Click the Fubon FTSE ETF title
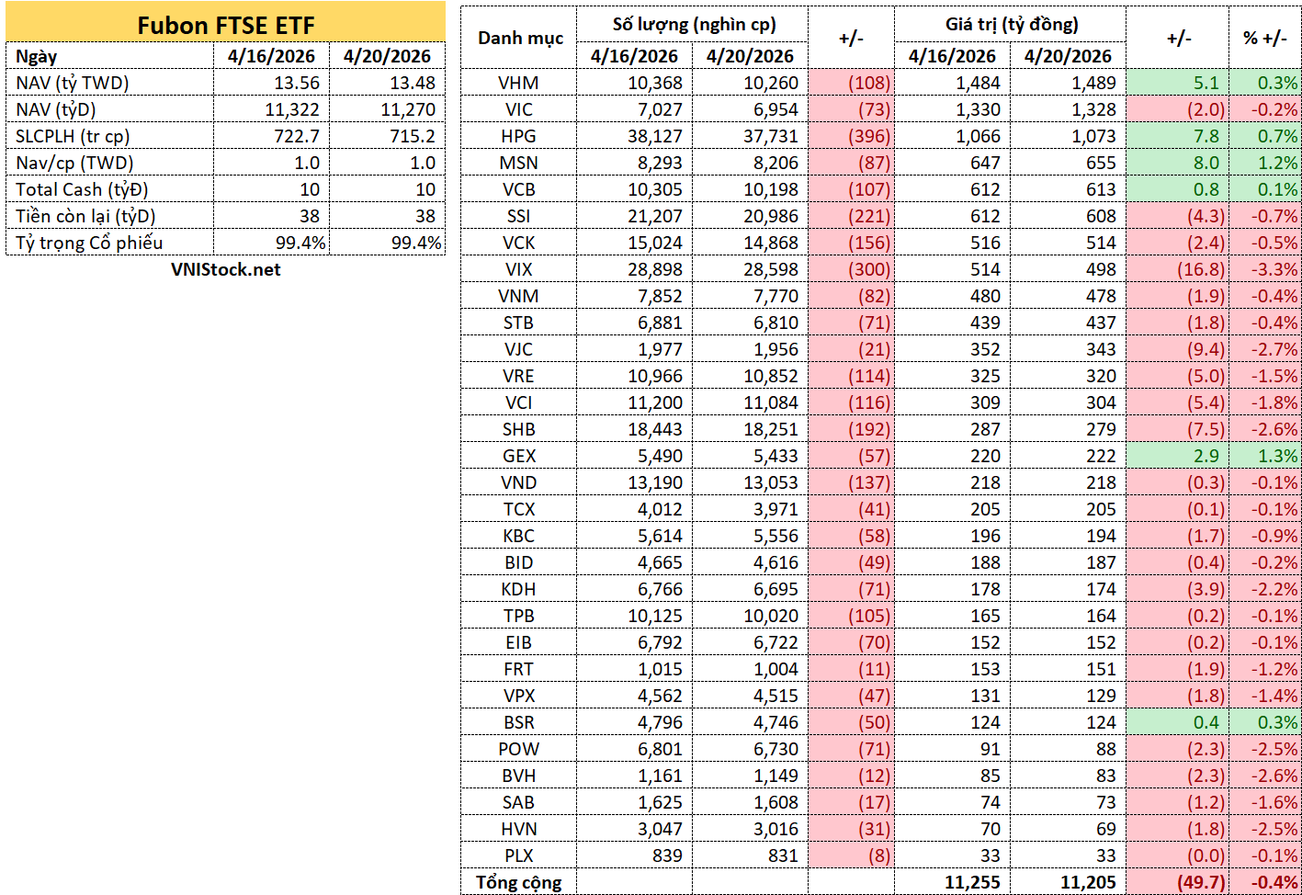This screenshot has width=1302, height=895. (x=225, y=25)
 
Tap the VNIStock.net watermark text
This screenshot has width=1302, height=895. (x=225, y=269)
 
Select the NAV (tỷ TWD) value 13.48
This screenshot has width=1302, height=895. (x=413, y=83)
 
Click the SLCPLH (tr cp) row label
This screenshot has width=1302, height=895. (x=73, y=137)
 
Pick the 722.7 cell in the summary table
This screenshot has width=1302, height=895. (x=297, y=136)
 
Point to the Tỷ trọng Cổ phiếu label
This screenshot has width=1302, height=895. (x=89, y=243)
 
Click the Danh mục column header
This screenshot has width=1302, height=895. (x=520, y=39)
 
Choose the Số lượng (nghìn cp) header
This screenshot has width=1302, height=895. (x=694, y=25)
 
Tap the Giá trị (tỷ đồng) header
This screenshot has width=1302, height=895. (x=1012, y=25)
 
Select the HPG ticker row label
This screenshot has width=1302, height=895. (x=518, y=137)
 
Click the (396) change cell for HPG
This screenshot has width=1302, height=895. (x=869, y=137)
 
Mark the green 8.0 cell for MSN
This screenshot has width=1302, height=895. (x=1206, y=163)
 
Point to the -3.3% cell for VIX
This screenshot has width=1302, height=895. (x=1274, y=269)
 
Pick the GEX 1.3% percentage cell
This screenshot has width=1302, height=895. (x=1277, y=456)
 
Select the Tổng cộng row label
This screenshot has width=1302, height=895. (x=518, y=882)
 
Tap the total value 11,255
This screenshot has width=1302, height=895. (x=972, y=882)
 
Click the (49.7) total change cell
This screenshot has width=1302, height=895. (x=1201, y=882)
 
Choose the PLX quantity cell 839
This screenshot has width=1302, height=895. (x=667, y=855)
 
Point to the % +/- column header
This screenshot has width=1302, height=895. (x=1265, y=39)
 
